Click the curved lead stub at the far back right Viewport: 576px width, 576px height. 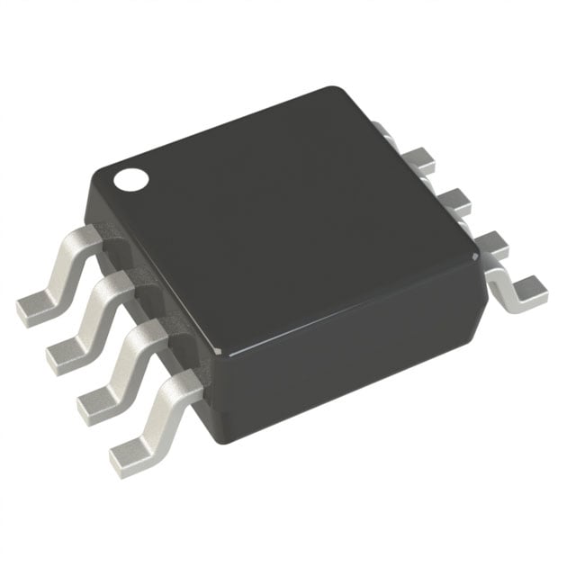pos(382,129)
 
